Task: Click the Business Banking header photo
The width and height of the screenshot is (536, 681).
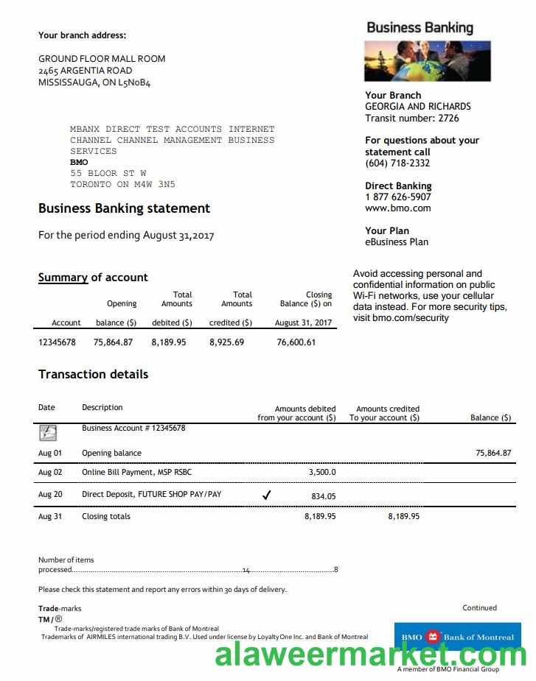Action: pos(427,60)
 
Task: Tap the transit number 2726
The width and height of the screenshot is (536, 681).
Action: pos(448,118)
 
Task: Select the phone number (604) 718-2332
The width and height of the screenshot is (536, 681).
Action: pos(397,163)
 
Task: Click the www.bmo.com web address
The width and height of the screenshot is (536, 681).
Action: pos(397,208)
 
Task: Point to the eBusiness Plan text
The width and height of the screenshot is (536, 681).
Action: pos(397,241)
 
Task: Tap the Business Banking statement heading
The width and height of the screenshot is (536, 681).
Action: pos(124,208)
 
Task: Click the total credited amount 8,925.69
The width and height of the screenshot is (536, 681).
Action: pos(226,342)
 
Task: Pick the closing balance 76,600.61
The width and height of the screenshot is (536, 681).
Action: pos(296,342)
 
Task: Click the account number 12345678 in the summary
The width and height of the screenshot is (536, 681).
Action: pos(57,342)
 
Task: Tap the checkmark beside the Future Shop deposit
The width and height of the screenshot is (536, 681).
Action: pos(266,495)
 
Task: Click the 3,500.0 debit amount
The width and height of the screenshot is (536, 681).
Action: pos(321,472)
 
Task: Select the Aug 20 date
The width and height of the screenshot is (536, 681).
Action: pos(50,494)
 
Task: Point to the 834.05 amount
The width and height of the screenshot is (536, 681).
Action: pos(323,496)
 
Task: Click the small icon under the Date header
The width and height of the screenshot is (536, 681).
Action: pos(48,432)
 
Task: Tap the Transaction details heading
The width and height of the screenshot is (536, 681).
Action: pos(93,374)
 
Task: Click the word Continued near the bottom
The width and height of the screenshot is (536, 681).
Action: pos(479,607)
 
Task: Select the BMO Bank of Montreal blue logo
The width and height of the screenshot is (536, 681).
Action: pos(457,637)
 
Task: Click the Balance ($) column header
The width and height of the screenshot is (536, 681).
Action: pos(490,417)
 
